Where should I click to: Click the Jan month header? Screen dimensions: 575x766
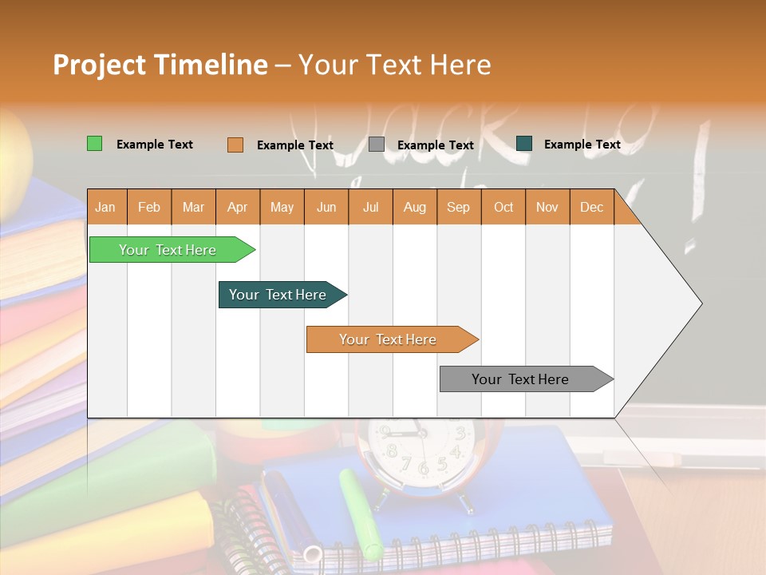click(105, 207)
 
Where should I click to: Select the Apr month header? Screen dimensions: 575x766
click(238, 207)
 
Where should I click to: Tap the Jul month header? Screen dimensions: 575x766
click(370, 207)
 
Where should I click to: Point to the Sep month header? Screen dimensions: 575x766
click(458, 207)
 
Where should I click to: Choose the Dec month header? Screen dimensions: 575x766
click(591, 207)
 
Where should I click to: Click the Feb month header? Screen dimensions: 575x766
click(149, 207)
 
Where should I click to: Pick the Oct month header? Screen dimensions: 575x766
click(503, 207)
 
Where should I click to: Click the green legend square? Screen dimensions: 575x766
click(94, 144)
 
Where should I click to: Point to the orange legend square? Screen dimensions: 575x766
click(235, 145)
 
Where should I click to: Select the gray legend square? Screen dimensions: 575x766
click(377, 145)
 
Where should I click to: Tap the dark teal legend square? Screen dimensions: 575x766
click(524, 144)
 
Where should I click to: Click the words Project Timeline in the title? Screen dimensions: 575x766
click(160, 65)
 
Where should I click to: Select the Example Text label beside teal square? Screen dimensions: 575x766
click(582, 145)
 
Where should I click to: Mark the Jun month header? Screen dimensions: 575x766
click(326, 207)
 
